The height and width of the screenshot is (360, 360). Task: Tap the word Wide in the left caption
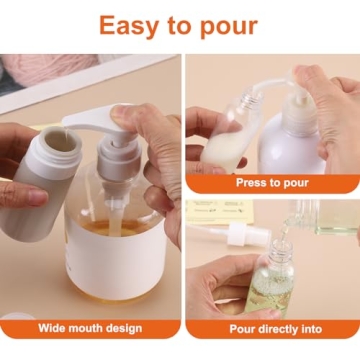tap(55, 328)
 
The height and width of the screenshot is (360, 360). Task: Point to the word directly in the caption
tap(279, 328)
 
